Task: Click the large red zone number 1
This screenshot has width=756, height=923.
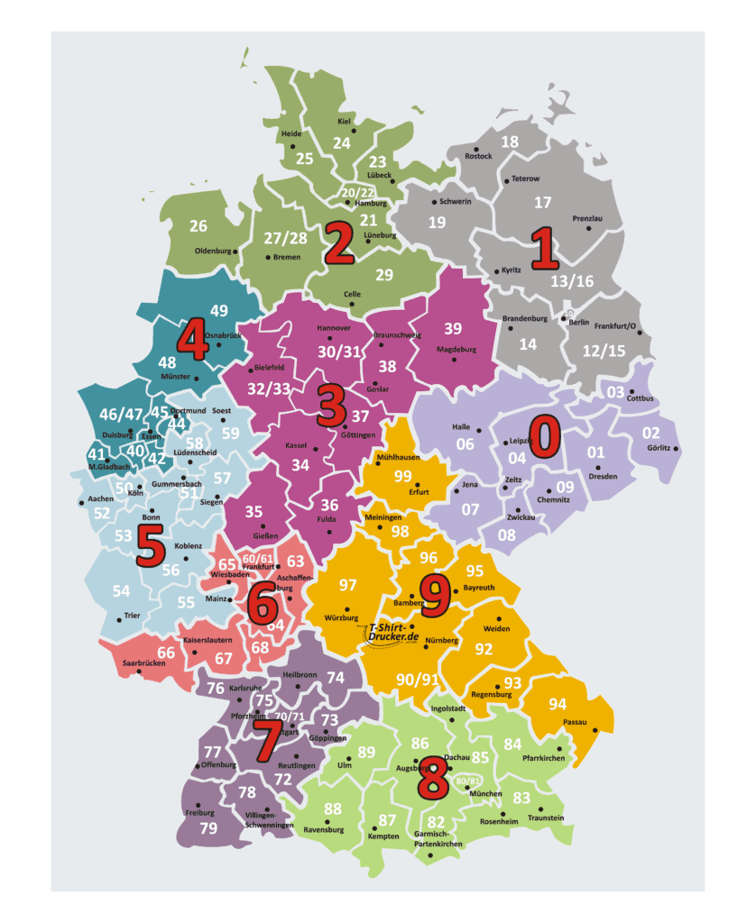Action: (x=544, y=249)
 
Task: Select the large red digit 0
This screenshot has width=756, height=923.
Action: (x=545, y=436)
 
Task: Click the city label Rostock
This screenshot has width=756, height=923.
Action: (x=478, y=156)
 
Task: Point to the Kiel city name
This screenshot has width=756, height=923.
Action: (x=344, y=121)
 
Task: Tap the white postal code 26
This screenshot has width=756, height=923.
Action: (x=198, y=225)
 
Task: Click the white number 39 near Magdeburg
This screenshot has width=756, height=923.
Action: (x=453, y=328)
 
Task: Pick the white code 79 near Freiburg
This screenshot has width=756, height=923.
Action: (x=208, y=827)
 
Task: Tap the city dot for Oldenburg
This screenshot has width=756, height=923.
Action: (x=236, y=251)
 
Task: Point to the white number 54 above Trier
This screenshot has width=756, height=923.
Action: (x=122, y=590)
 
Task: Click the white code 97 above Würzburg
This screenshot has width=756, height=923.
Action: (x=348, y=586)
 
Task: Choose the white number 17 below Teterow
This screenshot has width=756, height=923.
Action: (x=542, y=203)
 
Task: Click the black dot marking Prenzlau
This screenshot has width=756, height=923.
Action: (x=587, y=228)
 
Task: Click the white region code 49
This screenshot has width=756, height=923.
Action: (x=219, y=310)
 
